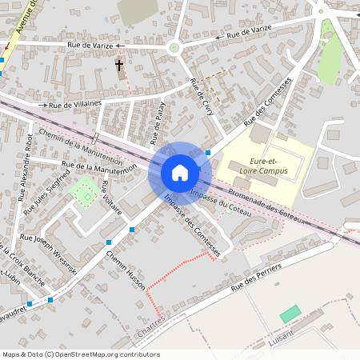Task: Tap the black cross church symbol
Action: tap(120, 66)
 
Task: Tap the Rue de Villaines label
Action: tap(76, 104)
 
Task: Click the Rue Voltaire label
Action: tap(111, 198)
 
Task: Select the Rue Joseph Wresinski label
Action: tap(48, 254)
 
